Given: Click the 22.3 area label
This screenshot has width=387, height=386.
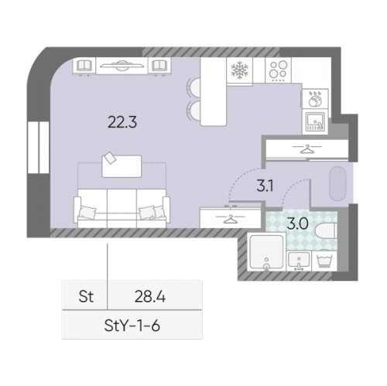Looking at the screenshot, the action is [122, 122].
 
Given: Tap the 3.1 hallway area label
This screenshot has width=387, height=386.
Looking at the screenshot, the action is [265, 186].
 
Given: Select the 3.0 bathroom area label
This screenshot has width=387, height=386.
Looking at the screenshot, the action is [297, 224].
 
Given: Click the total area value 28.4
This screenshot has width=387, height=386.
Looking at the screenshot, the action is [150, 296].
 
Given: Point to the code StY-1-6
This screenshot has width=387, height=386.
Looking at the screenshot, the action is [132, 326].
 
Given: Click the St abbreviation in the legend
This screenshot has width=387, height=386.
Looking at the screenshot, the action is [86, 296].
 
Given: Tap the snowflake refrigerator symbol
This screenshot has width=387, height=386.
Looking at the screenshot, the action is [239, 70].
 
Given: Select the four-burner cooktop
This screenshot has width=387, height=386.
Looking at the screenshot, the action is [278, 70].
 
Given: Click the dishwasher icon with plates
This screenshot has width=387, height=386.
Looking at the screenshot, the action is [315, 99].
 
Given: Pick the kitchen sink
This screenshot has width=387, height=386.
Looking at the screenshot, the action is [315, 121].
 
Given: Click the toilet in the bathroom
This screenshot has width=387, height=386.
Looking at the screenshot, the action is [326, 231].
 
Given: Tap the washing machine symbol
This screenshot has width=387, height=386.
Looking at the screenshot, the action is [324, 261].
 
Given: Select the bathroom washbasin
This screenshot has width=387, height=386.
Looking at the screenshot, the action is [299, 261].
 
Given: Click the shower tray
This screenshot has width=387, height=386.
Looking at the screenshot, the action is [266, 251].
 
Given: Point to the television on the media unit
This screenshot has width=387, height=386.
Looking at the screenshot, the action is [122, 65].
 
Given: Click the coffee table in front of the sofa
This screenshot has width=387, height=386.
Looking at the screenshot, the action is [122, 166].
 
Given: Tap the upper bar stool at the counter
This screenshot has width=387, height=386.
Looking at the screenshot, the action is [194, 87].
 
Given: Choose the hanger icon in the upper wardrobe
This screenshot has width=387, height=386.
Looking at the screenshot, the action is [307, 149].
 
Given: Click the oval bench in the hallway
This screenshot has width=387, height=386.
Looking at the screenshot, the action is [337, 183].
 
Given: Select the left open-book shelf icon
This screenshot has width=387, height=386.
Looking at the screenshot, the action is [84, 66].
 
